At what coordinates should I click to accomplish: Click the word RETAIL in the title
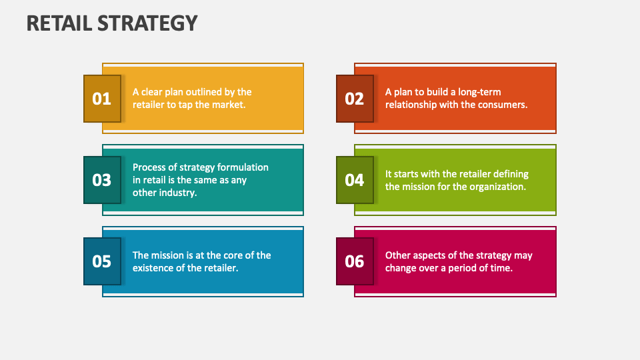[x=58, y=23]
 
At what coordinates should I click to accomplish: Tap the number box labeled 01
[x=102, y=99]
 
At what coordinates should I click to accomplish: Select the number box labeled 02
[x=355, y=99]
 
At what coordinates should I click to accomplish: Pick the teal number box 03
[x=102, y=180]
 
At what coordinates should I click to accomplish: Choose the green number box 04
[x=355, y=180]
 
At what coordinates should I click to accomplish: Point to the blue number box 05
[x=102, y=261]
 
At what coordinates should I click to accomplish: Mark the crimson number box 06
[x=355, y=261]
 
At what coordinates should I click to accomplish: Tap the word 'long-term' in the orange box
[x=476, y=92]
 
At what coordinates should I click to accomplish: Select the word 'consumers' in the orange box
[x=503, y=105]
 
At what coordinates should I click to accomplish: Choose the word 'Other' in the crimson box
[x=399, y=255]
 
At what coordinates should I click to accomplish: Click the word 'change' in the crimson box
[x=401, y=268]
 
